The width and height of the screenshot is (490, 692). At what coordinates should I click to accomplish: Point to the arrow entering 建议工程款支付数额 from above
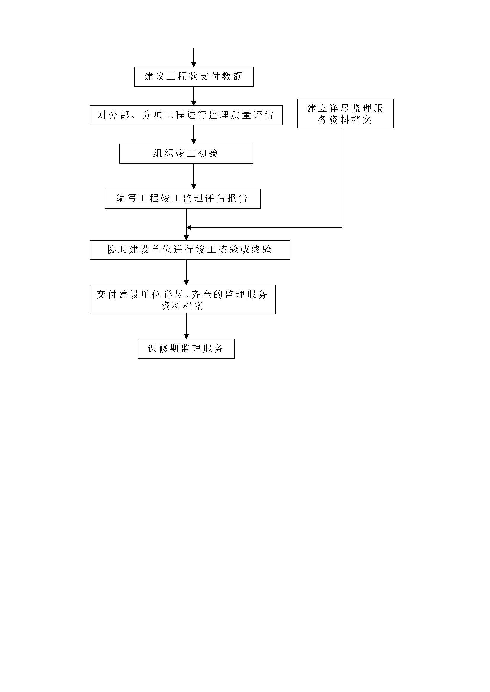point(194,57)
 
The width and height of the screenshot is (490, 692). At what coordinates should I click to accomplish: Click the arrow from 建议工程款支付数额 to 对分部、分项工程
point(194,96)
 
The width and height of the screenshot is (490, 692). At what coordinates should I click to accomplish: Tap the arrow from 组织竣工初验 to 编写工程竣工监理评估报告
point(194,176)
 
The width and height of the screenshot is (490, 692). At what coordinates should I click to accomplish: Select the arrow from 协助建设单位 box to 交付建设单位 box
point(186,272)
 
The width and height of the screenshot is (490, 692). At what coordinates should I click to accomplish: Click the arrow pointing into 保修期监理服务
point(186,326)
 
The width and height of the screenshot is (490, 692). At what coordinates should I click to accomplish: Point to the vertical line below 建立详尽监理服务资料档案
point(342,178)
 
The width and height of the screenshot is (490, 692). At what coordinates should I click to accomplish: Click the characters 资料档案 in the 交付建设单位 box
point(182,306)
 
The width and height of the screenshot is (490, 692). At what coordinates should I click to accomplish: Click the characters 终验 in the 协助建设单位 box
point(262,250)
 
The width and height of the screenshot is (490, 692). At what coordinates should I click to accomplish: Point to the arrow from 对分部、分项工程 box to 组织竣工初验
point(194,134)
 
